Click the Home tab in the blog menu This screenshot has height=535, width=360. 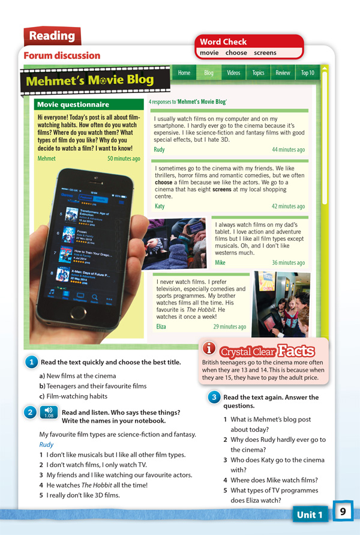[184, 73]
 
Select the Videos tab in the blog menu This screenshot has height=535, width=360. [233, 73]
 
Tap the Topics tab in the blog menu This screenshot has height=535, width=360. [258, 73]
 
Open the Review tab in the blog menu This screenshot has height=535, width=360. [283, 73]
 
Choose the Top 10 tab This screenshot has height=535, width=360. [307, 73]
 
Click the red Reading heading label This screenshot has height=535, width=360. [52, 36]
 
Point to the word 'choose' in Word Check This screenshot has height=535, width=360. [236, 53]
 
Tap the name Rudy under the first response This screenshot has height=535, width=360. [159, 150]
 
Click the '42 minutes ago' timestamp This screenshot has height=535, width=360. [288, 206]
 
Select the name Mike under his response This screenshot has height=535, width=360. [220, 262]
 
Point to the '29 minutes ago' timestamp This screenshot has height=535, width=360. [229, 327]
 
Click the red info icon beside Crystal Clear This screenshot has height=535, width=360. [209, 349]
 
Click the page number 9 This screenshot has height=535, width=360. [343, 512]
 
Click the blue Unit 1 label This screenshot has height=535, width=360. [310, 515]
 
